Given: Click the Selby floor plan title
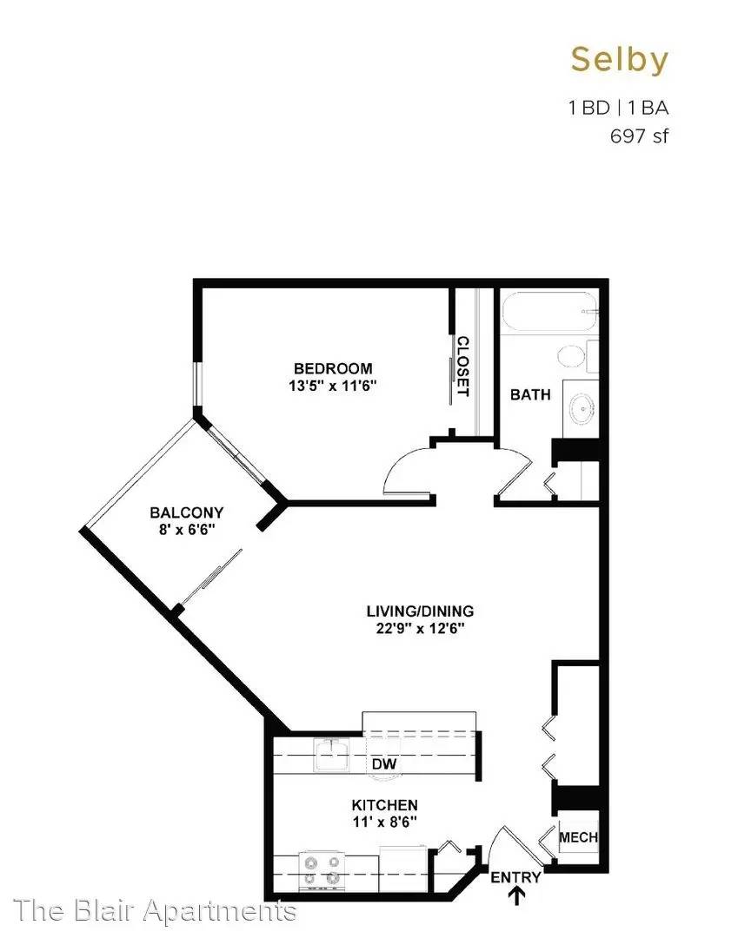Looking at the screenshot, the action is [x=619, y=60].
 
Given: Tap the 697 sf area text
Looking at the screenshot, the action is [x=639, y=136].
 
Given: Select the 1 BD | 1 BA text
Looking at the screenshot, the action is [x=618, y=108].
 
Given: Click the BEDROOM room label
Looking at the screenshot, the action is [x=333, y=368].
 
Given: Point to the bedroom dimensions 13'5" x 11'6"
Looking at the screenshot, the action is [x=332, y=386].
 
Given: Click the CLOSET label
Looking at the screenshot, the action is [x=462, y=367].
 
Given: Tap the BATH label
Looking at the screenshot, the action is [x=530, y=395].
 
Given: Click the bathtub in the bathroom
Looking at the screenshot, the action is [x=549, y=311].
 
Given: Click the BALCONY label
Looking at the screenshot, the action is [x=186, y=512].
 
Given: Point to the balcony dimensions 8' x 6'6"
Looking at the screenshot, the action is [x=187, y=530].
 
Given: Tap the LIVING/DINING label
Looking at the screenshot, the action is [x=420, y=611].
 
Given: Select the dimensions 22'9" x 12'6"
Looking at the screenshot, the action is [x=420, y=629].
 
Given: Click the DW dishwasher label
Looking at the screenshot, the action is [x=383, y=764].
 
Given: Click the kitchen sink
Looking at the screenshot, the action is [x=331, y=755].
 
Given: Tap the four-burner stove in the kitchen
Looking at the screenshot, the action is [x=322, y=871].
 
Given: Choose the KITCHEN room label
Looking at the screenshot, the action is [x=384, y=805].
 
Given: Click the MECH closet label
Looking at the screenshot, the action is [x=578, y=837].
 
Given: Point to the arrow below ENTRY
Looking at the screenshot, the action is [x=516, y=895].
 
